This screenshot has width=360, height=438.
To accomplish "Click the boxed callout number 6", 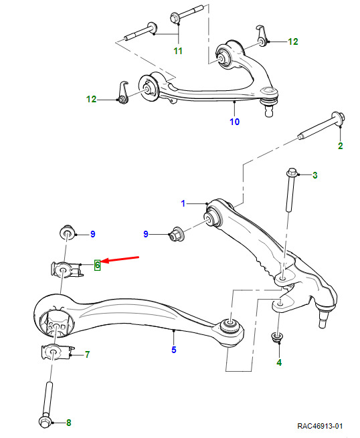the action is point(97,265).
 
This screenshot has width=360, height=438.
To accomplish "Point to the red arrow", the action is point(120,259).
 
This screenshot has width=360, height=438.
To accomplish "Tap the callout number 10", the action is point(234,122).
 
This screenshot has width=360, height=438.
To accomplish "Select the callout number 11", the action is point(178,51).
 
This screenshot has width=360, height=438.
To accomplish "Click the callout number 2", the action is point(341,146).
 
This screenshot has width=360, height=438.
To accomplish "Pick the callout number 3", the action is point(315,175).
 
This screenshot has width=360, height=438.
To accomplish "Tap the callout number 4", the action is point(279,362).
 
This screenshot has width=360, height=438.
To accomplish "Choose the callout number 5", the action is point(174,350).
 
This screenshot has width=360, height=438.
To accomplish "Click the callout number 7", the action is point(88,354).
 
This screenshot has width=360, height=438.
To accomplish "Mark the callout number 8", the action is point(69,423).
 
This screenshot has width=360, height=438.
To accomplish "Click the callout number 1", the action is point(183,203).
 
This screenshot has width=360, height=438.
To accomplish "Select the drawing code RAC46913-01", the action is point(320,426).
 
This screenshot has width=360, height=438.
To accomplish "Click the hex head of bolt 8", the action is point(45,422).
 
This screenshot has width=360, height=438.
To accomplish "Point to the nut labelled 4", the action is point(278,336).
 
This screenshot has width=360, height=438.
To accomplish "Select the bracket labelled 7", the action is point(57,352).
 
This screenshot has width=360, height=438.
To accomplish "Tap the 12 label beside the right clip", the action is point(293,41).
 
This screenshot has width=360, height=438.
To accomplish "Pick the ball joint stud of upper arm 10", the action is point(268,110).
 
